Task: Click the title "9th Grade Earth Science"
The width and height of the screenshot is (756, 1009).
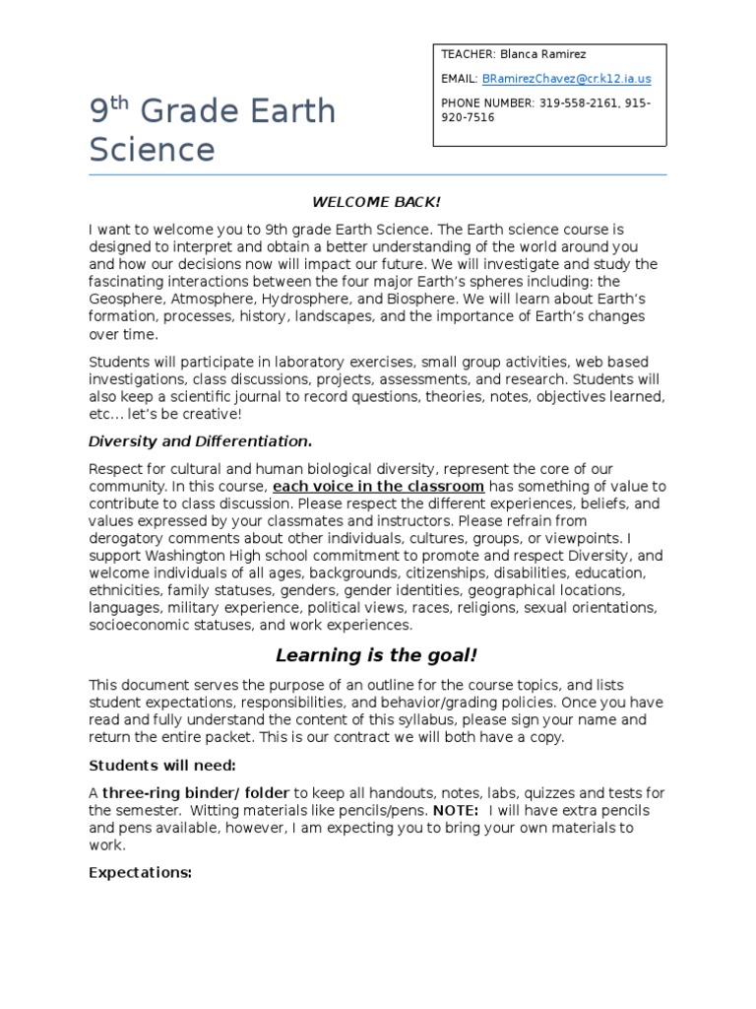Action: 212,131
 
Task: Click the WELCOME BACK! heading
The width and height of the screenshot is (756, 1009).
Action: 377,202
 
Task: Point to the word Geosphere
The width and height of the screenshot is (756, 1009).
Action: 127,300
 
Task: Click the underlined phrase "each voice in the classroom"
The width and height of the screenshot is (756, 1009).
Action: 378,487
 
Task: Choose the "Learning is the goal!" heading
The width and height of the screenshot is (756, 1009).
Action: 377,655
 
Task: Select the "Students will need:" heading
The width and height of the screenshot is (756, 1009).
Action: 162,765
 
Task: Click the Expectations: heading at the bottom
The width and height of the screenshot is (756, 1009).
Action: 140,872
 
